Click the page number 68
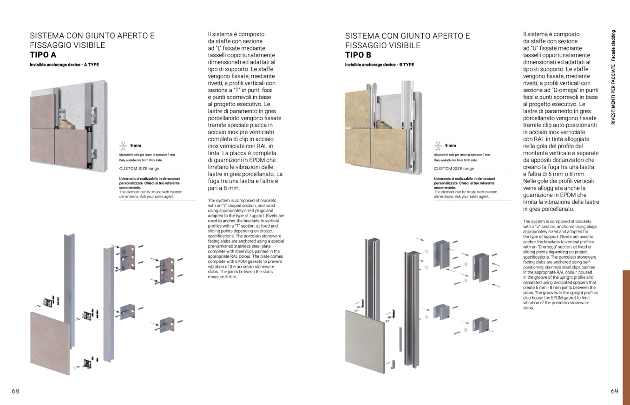(15, 391)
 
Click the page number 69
(614, 391)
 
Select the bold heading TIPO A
(43, 55)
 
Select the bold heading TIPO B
(358, 55)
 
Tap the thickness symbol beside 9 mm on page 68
(123, 145)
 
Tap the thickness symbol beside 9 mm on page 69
(438, 145)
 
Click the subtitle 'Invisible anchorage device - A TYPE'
(64, 65)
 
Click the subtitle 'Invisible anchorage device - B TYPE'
(379, 65)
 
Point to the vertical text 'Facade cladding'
(613, 46)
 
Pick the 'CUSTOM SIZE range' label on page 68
(139, 169)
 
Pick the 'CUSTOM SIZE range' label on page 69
(454, 169)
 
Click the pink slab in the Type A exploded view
(50, 343)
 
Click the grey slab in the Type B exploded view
(365, 337)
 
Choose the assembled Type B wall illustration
(383, 125)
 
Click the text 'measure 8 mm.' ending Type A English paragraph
(223, 277)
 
